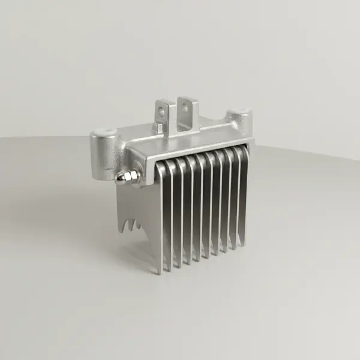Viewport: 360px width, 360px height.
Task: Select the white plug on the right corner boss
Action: tap(241, 112)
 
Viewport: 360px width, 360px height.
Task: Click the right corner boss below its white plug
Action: tap(242, 126)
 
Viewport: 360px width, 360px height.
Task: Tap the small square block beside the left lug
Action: tap(158, 128)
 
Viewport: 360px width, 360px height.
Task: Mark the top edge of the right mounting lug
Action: tap(187, 100)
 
